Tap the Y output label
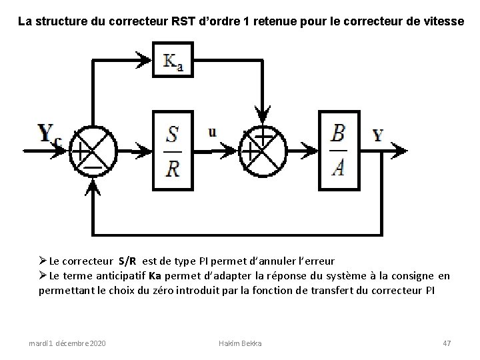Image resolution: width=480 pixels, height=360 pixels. tap(377, 135)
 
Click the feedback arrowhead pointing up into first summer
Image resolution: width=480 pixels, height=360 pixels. tap(91, 189)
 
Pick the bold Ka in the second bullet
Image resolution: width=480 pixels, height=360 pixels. tap(155, 276)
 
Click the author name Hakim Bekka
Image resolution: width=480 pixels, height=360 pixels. tap(240, 343)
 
